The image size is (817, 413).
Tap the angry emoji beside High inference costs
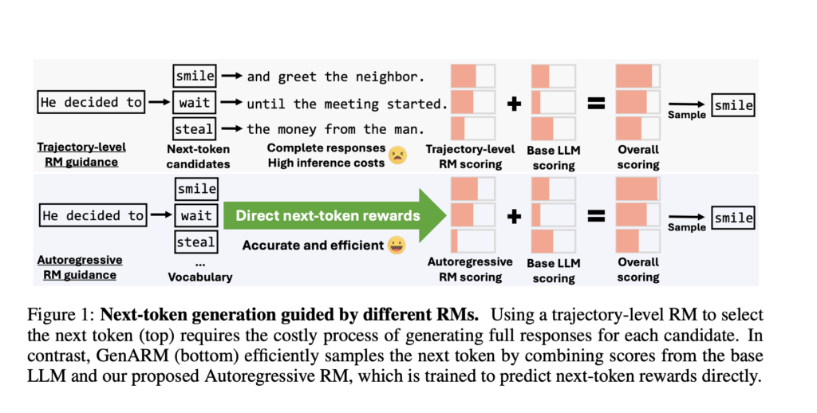[x=397, y=155]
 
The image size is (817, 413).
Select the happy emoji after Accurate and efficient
[x=396, y=245]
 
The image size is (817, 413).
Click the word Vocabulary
[x=199, y=277]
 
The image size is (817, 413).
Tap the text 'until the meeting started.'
[x=345, y=104]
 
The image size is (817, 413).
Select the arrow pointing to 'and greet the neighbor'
[x=231, y=77]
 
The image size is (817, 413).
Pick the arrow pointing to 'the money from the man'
[x=231, y=128]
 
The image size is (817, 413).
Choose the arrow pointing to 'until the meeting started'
[x=231, y=103]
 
